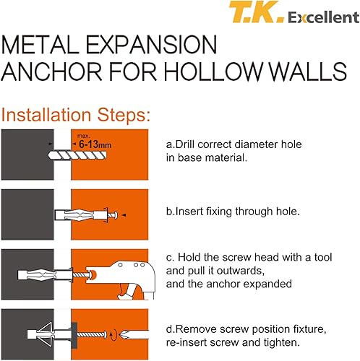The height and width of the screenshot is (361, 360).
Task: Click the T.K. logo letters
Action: tap(256, 12)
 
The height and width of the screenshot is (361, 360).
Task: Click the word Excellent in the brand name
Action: tap(323, 17)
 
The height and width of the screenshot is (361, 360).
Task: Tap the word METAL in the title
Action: tap(40, 45)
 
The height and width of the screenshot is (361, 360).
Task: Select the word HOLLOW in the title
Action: tap(213, 71)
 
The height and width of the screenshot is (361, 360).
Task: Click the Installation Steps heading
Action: tap(76, 115)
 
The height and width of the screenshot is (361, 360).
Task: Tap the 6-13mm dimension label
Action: tap(95, 144)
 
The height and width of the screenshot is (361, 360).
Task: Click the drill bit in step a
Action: tap(77, 155)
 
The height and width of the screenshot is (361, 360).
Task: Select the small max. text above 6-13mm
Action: tap(83, 136)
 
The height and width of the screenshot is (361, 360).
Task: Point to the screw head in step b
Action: tap(116, 215)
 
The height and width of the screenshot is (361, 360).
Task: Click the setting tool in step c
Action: tap(121, 279)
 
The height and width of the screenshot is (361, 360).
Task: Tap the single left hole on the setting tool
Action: tap(120, 265)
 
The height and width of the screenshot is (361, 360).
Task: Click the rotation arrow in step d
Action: tap(114, 334)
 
